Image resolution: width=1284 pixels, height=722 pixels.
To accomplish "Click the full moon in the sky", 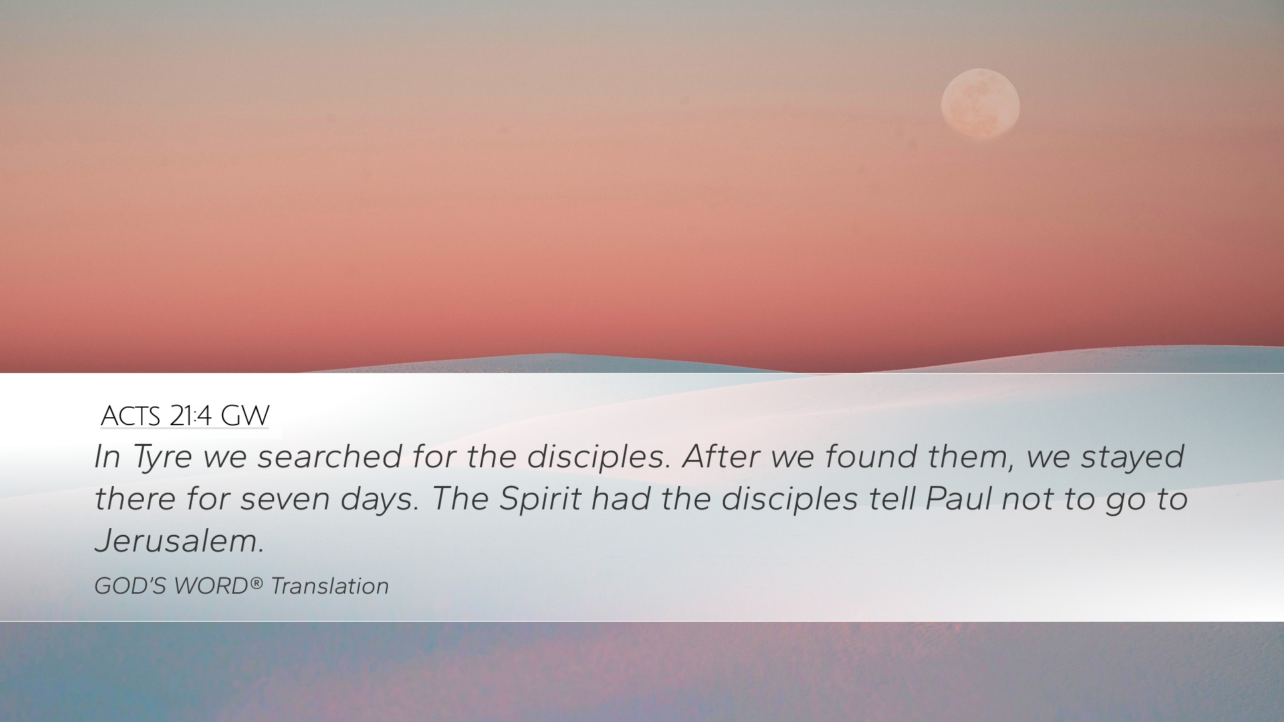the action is pyautogui.click(x=980, y=104).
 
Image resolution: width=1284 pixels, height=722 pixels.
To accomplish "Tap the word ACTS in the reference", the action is pyautogui.click(x=130, y=416).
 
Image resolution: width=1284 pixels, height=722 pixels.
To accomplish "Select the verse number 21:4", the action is pyautogui.click(x=191, y=416).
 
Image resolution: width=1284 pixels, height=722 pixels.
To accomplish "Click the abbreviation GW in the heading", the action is pyautogui.click(x=245, y=416).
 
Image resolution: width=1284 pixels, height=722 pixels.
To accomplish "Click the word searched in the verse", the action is pyautogui.click(x=330, y=456).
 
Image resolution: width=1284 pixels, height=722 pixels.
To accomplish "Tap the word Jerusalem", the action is pyautogui.click(x=179, y=540).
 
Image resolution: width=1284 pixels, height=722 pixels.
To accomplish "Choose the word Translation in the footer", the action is pyautogui.click(x=330, y=586).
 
